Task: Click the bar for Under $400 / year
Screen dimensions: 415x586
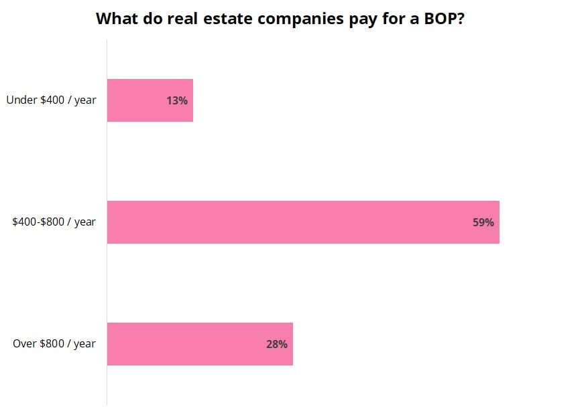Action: (150, 100)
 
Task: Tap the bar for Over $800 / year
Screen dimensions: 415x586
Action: (200, 344)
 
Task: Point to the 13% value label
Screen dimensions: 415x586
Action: (177, 101)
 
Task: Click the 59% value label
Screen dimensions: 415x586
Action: (483, 222)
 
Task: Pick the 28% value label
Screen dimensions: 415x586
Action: (277, 344)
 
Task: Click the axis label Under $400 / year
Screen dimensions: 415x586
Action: (51, 100)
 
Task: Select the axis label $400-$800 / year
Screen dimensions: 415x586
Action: (54, 222)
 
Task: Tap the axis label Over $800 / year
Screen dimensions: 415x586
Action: (54, 344)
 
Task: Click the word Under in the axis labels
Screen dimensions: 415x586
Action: (20, 100)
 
